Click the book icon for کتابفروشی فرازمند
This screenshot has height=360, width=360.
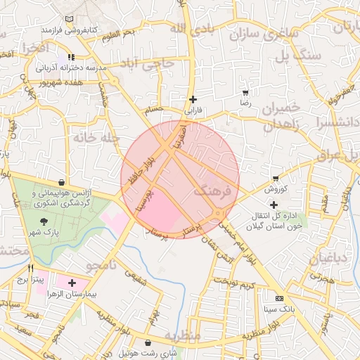(x=67, y=19)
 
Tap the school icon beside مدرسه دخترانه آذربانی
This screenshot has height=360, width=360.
(x=71, y=57)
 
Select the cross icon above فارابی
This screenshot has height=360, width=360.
(x=193, y=99)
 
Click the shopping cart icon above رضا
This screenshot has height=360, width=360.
(x=245, y=93)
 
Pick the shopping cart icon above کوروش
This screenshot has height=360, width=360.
(x=276, y=178)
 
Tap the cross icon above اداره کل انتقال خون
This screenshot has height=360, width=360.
(x=274, y=205)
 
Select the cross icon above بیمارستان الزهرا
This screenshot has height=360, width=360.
(x=72, y=283)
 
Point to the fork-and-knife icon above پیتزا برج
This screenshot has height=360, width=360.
(x=30, y=268)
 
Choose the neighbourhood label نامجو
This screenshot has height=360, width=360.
(x=101, y=265)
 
